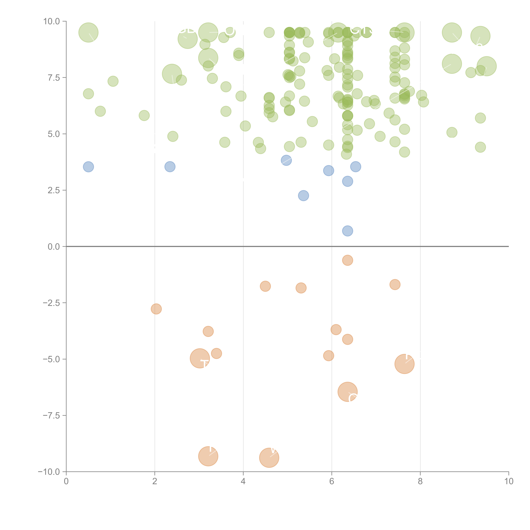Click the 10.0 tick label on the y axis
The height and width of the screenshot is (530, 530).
click(x=52, y=21)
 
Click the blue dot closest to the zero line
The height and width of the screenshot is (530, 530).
click(x=348, y=231)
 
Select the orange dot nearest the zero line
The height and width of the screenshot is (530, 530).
click(x=348, y=260)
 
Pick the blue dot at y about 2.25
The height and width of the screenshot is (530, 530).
click(x=303, y=196)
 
